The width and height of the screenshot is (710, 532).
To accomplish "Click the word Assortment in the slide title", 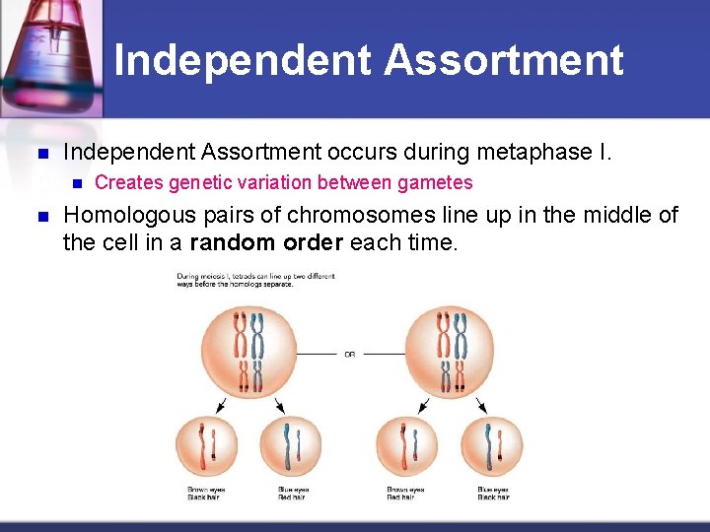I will (x=503, y=60).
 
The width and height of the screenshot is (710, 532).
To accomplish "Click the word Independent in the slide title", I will (x=243, y=60).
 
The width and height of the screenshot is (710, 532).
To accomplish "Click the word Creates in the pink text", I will (x=128, y=182).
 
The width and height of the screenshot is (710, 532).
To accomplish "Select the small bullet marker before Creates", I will (x=75, y=183).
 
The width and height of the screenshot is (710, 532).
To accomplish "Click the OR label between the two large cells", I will (x=349, y=355).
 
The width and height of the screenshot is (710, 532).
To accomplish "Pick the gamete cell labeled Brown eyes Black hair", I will (x=205, y=446).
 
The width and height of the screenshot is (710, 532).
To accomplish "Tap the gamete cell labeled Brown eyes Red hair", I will (x=405, y=446).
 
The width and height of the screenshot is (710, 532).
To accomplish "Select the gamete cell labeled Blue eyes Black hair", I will (x=492, y=446).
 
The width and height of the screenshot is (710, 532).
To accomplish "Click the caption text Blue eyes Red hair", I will (x=294, y=494).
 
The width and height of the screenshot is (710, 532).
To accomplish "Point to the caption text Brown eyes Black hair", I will (x=205, y=494).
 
